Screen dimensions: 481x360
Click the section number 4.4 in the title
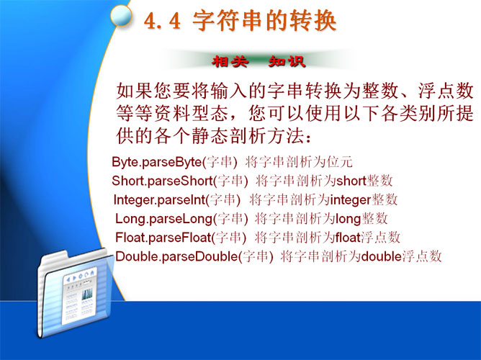click(x=162, y=22)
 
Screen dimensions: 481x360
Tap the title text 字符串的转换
click(x=264, y=21)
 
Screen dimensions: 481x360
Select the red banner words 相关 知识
click(x=259, y=61)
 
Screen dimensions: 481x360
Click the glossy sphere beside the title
click(x=121, y=15)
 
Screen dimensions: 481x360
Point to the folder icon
click(x=76, y=293)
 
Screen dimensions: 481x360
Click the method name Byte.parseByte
click(x=156, y=161)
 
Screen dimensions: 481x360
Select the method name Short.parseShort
click(x=162, y=181)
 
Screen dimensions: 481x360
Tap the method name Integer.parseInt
click(x=159, y=199)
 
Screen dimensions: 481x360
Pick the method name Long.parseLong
click(x=163, y=219)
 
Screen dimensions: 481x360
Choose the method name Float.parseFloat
click(x=163, y=238)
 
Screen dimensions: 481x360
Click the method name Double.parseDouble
click(x=176, y=256)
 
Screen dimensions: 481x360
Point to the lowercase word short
click(x=351, y=181)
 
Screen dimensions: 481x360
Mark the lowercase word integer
click(x=351, y=200)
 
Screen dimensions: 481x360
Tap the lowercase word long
click(x=349, y=220)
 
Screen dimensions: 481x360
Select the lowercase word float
click(x=348, y=238)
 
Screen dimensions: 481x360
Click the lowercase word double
click(x=382, y=256)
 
